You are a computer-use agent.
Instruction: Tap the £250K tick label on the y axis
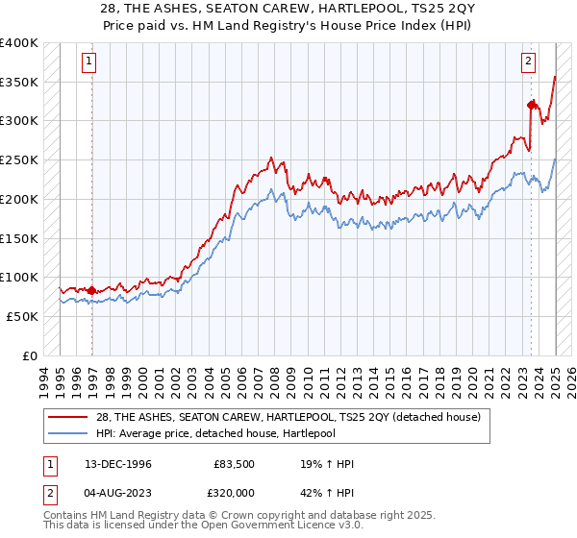pyautogui.click(x=19, y=159)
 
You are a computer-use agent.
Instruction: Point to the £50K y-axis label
pyautogui.click(x=23, y=316)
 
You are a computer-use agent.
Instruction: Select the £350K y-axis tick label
pyautogui.click(x=19, y=82)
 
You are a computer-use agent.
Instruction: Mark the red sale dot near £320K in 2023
pyautogui.click(x=531, y=105)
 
